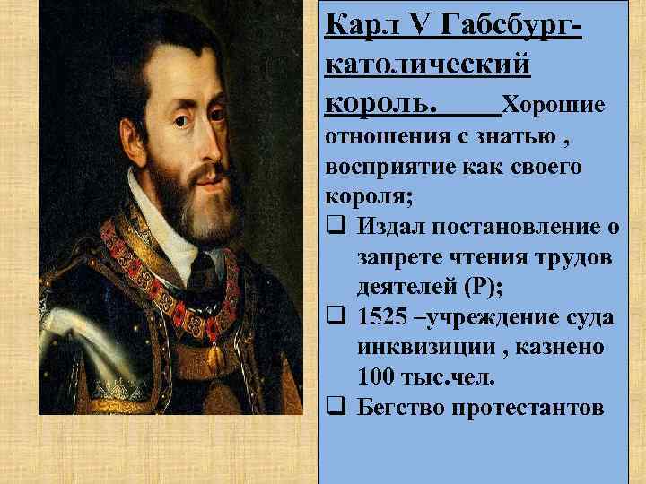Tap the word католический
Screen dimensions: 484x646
click(x=426, y=65)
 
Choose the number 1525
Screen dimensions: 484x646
click(x=380, y=317)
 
